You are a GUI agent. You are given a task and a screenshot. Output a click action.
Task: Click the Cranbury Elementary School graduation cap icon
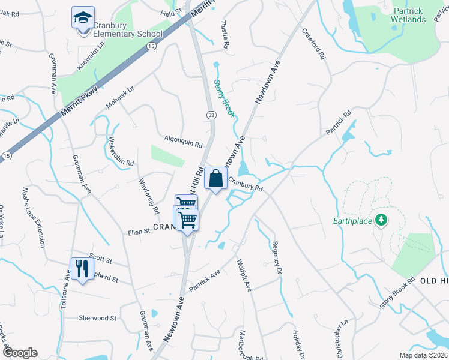[x=83, y=17]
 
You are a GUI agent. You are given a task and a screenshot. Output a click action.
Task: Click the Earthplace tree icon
[x=379, y=221]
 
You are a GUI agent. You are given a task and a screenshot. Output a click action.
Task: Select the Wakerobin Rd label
[x=121, y=152]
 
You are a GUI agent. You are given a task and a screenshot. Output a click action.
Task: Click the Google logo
[x=20, y=353]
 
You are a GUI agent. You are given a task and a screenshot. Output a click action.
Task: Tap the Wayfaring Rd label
[x=148, y=197]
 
